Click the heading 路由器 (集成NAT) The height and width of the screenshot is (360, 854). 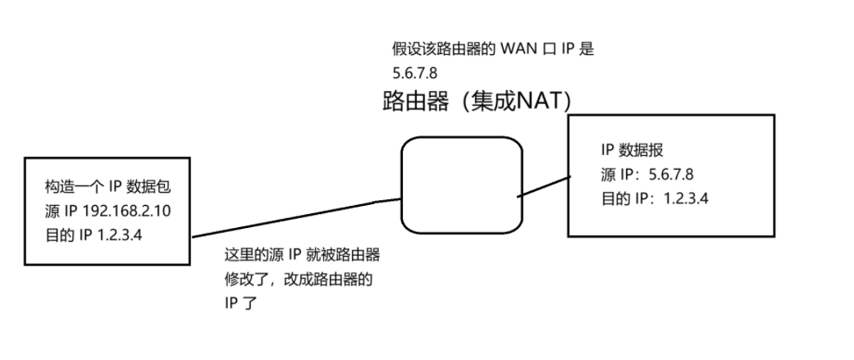[477, 101]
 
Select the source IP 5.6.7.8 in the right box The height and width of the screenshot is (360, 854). [671, 175]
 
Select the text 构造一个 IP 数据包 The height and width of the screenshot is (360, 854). [107, 188]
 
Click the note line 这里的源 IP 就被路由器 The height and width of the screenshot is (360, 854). [301, 256]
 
